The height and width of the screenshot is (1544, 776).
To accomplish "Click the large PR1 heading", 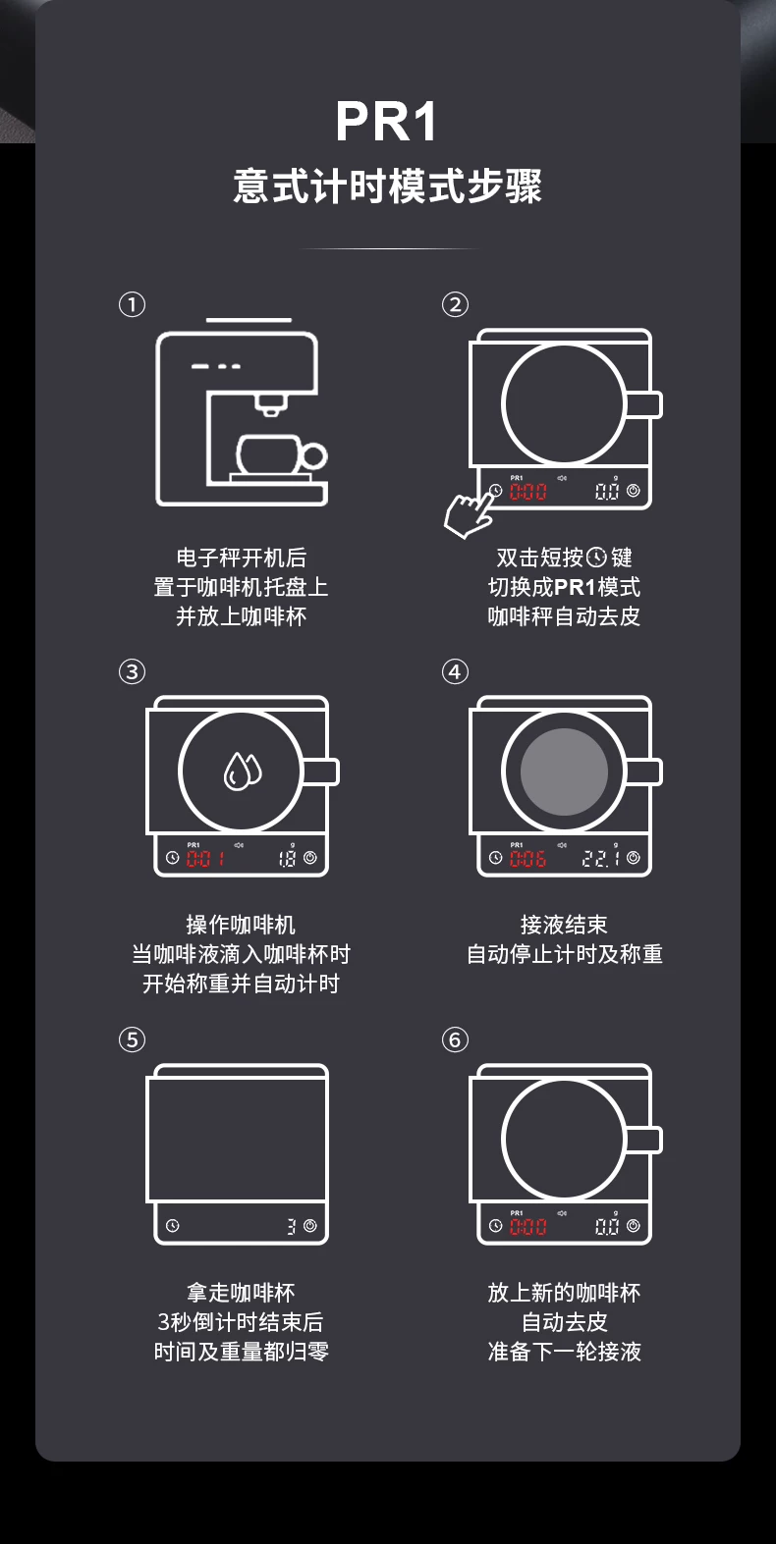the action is (x=387, y=122).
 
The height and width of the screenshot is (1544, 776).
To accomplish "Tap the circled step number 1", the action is (x=132, y=304).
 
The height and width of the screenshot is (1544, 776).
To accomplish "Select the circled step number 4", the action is (x=455, y=671).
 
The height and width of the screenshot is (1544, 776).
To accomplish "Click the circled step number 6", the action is (x=455, y=1039).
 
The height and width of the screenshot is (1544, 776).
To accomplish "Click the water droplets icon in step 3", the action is (x=242, y=771).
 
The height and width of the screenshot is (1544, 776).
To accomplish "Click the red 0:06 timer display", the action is (x=527, y=858).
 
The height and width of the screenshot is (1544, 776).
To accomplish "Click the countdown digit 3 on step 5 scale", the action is (x=292, y=1226).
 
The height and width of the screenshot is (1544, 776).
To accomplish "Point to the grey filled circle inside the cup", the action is (x=564, y=772).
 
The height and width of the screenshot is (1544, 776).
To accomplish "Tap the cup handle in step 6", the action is (x=643, y=1140).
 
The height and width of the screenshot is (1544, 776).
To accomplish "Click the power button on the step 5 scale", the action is (x=310, y=1226).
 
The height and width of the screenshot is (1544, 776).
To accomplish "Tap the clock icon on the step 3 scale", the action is (x=173, y=858).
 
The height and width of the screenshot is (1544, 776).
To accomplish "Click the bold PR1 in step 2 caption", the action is (x=574, y=587).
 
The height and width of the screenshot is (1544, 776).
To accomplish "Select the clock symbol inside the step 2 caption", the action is (x=596, y=557).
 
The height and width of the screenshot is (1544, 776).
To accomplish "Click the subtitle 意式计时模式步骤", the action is (x=387, y=186).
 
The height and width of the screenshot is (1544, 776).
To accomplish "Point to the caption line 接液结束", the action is (x=564, y=925).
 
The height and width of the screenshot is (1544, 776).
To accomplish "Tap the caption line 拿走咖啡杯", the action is (x=241, y=1293).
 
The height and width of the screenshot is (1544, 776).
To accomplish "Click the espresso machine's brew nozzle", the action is (x=270, y=405).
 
